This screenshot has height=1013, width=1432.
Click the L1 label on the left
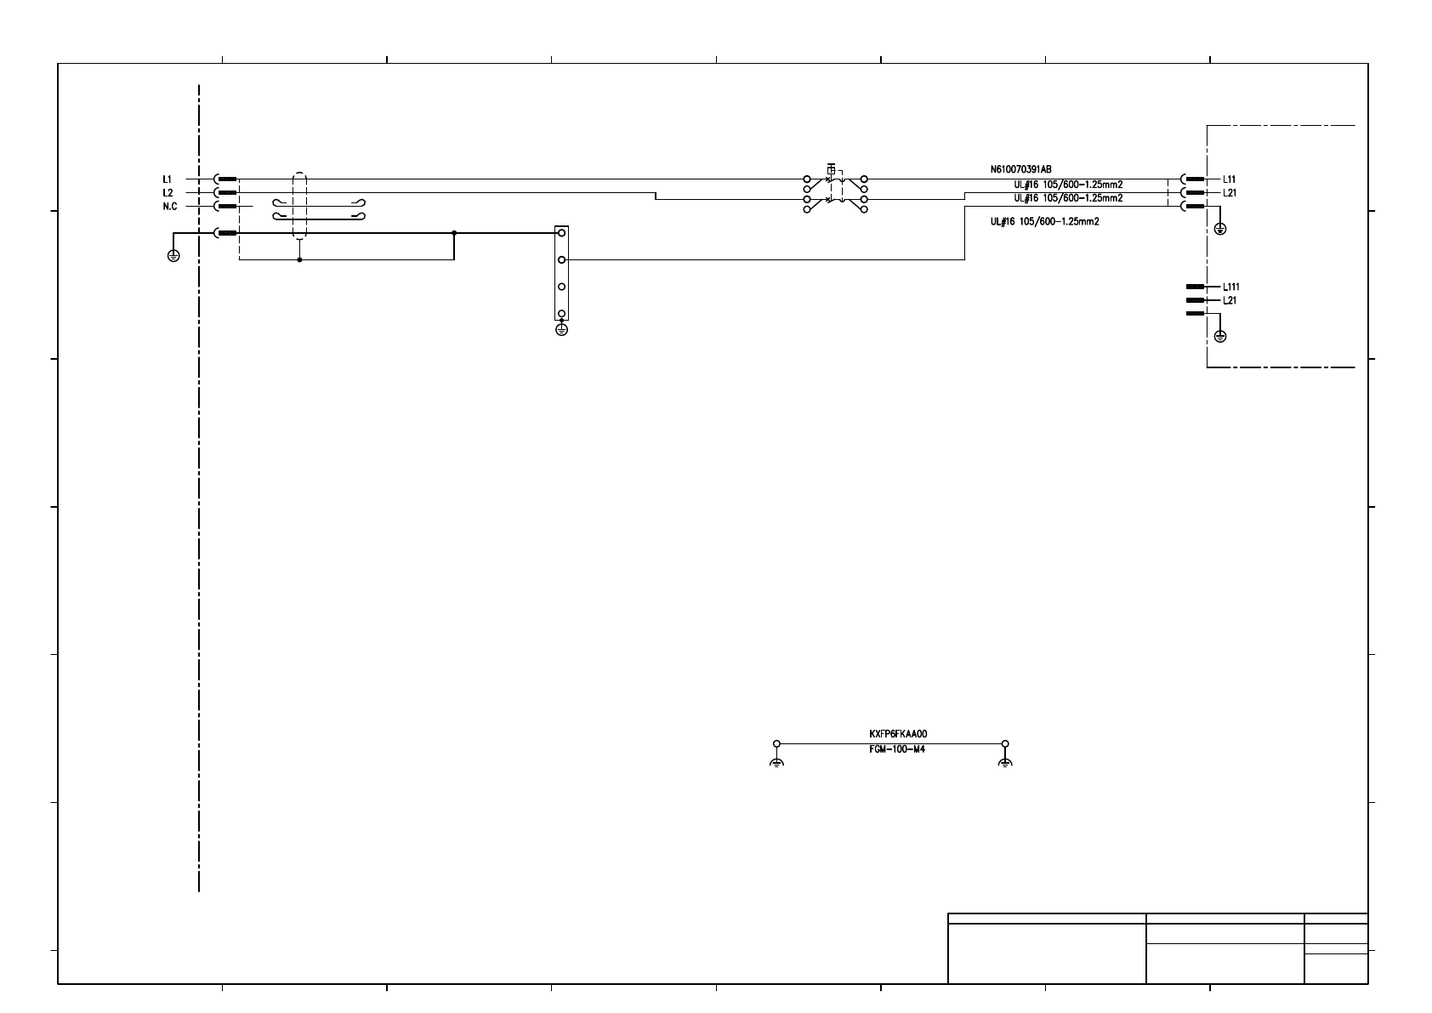pyautogui.click(x=168, y=179)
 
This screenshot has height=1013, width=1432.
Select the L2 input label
pyautogui.click(x=168, y=193)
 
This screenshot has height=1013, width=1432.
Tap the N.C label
pyautogui.click(x=170, y=207)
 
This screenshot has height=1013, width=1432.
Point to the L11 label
pyautogui.click(x=1230, y=179)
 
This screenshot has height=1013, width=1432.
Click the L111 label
pyautogui.click(x=1231, y=287)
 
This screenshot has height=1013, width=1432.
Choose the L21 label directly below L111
pyautogui.click(x=1230, y=301)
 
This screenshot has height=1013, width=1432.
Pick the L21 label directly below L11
pyautogui.click(x=1230, y=193)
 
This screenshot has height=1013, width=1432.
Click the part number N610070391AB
pyautogui.click(x=1021, y=169)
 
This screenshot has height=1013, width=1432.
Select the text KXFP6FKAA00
pyautogui.click(x=891, y=733)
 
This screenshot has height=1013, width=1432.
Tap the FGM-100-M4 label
pyautogui.click(x=891, y=749)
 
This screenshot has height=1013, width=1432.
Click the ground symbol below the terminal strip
pyautogui.click(x=561, y=330)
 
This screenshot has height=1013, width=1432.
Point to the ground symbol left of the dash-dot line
pyautogui.click(x=173, y=255)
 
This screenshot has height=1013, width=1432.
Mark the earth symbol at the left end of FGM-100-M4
pyautogui.click(x=776, y=761)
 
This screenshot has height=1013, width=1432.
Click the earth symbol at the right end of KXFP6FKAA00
pyautogui.click(x=1005, y=761)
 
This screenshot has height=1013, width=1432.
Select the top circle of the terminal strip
pyautogui.click(x=561, y=232)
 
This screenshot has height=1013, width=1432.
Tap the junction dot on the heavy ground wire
pyautogui.click(x=454, y=232)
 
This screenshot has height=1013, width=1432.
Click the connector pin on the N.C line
pyautogui.click(x=227, y=206)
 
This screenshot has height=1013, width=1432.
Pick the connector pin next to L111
pyautogui.click(x=1195, y=287)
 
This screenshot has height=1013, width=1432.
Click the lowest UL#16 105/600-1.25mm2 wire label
pyautogui.click(x=1045, y=221)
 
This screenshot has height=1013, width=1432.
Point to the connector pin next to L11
pyautogui.click(x=1195, y=179)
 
